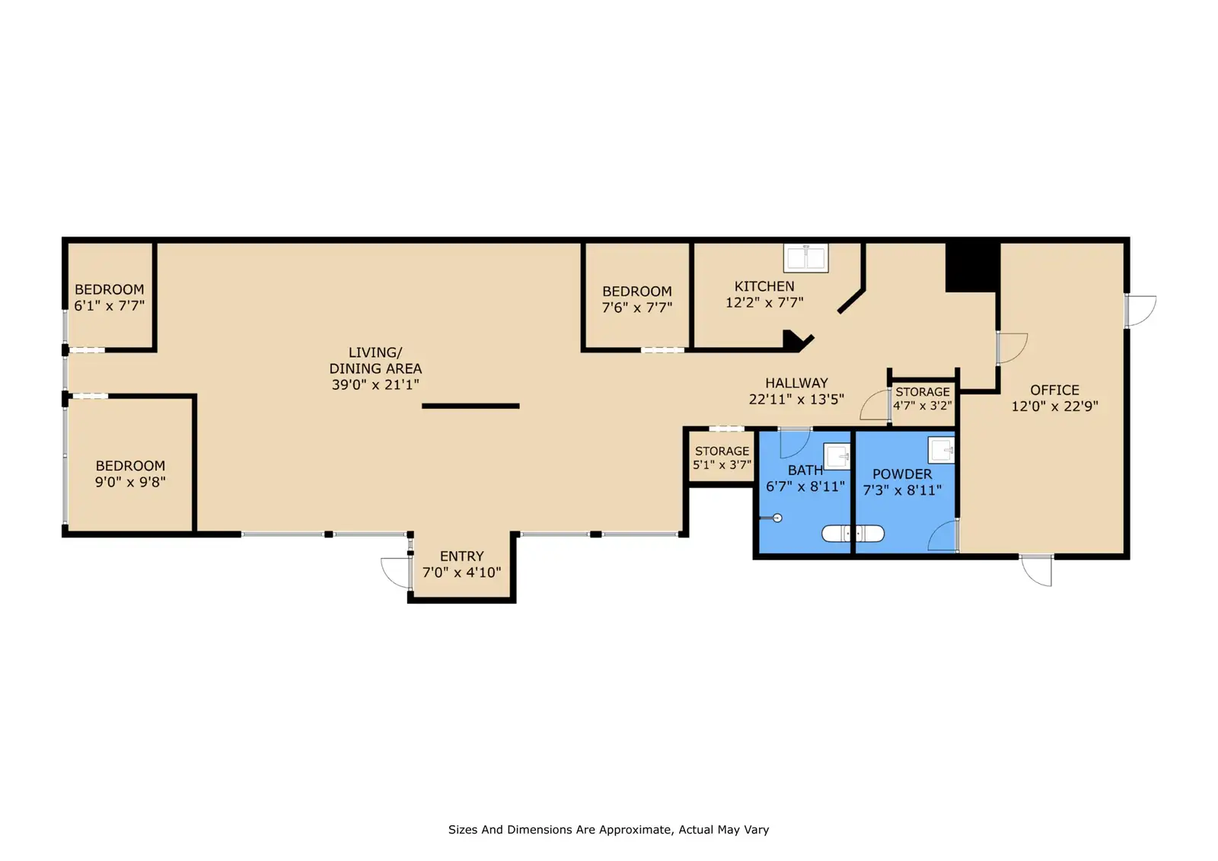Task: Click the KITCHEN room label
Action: pos(764,286)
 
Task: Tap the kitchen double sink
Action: pos(806,258)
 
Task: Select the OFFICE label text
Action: pos(1054,390)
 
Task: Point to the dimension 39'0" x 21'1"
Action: pos(375,384)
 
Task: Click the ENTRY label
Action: pos(461,556)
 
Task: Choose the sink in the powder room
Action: pos(941,450)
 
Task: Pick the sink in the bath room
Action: pos(837,456)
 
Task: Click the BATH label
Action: pos(805,470)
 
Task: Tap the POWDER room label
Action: pos(902,474)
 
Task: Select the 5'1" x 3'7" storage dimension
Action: pos(722,465)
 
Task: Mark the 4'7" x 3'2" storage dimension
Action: pos(922,406)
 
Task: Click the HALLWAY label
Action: pos(796,383)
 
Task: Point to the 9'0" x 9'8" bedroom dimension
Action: pos(130,482)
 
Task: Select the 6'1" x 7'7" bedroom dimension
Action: pos(110,306)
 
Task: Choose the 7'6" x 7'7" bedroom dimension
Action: pos(636,308)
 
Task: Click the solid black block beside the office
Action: pos(972,266)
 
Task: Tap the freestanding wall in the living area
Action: pos(470,406)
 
